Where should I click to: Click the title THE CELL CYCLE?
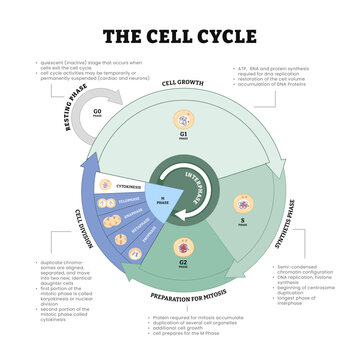pyautogui.click(x=179, y=37)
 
